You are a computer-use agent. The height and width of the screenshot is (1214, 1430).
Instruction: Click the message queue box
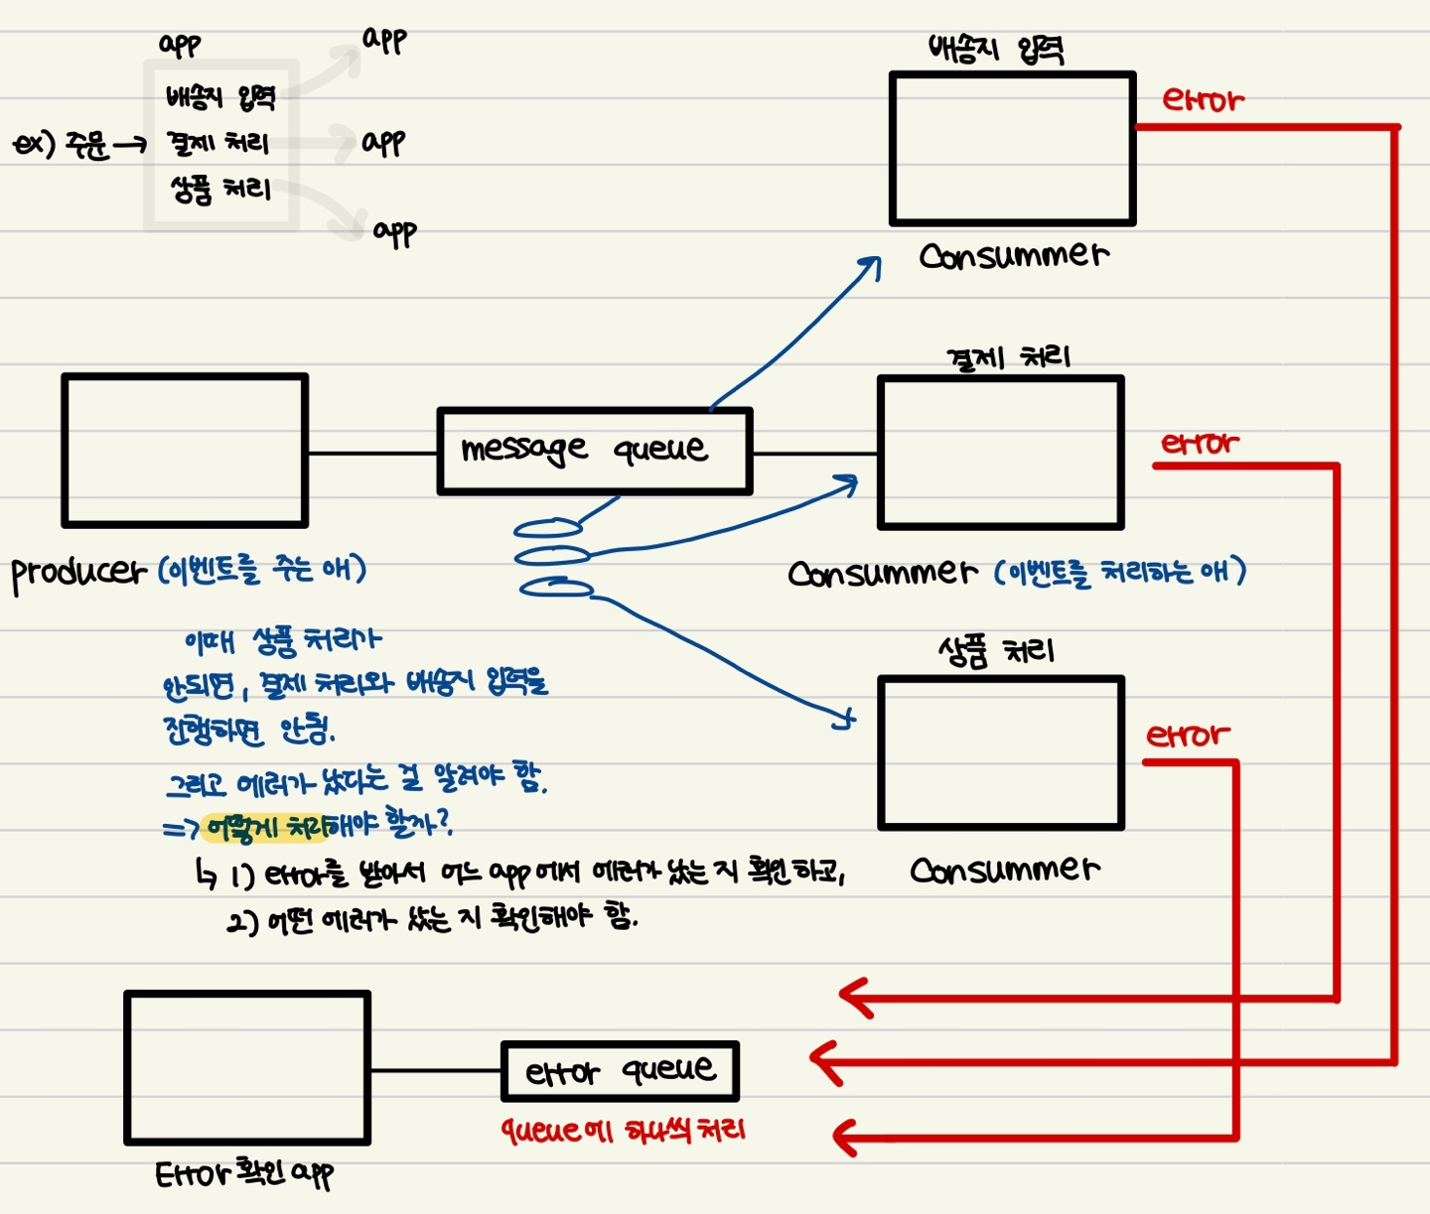pos(594,451)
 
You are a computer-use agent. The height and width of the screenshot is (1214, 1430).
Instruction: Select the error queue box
pos(620,1071)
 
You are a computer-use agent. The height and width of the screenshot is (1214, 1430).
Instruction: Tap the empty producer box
pos(185,451)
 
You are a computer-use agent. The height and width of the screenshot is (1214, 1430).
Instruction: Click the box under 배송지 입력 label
pos(1012,149)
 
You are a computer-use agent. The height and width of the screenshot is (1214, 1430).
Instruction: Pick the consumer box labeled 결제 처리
pos(1001,453)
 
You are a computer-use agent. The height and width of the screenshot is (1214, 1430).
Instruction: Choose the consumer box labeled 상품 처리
pos(1001,753)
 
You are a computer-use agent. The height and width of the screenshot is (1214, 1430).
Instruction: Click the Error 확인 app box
pos(247,1068)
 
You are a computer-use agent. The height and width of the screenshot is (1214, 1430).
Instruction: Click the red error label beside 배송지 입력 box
pos(1203,100)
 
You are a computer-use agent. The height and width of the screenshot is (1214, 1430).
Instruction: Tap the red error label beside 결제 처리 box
pos(1200,443)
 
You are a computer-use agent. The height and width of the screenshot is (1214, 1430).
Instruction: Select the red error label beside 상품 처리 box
pos(1188,736)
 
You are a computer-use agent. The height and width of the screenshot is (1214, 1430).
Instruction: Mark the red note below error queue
pos(623,1131)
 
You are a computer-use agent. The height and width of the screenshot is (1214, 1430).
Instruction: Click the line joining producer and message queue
pos(372,454)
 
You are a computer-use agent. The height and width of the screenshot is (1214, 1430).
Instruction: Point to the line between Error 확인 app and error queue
pos(436,1070)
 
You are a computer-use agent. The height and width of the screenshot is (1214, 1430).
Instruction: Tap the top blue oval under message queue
pos(547,528)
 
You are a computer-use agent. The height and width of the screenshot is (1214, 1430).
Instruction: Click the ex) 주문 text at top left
pos(62,145)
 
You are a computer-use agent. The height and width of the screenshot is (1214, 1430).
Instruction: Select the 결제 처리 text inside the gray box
pos(218,143)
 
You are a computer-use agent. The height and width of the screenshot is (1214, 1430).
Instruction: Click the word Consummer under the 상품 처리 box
pos(1004,871)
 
